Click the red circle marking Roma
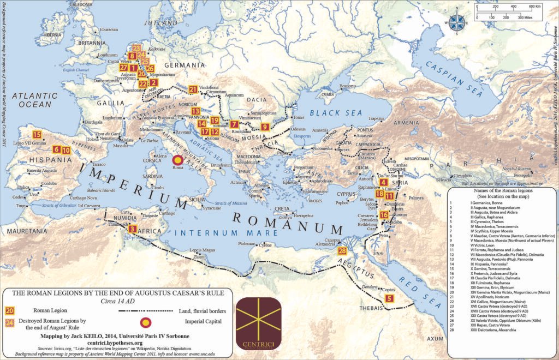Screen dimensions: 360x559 tap(177, 161)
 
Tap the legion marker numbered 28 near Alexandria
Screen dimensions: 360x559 tap(342, 251)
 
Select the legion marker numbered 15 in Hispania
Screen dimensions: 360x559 tap(37, 135)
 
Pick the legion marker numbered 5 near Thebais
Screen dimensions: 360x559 tap(389, 298)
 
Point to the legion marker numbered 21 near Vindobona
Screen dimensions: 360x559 tap(193, 89)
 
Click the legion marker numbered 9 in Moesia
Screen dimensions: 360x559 tap(234, 124)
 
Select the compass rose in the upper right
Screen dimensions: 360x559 tap(457, 22)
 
